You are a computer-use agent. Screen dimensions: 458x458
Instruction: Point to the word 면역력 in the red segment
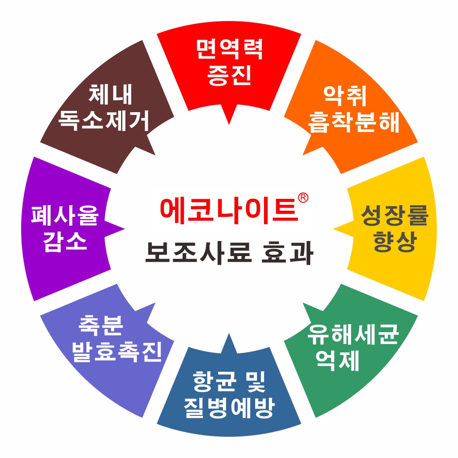[x=229, y=50]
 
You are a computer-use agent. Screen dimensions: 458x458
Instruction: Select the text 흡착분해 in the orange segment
[x=354, y=122]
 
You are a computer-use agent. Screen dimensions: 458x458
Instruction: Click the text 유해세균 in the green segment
[x=353, y=336]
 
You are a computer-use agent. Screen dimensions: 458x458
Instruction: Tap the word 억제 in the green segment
[x=337, y=362]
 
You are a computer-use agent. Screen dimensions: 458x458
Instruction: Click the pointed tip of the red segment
[x=229, y=123]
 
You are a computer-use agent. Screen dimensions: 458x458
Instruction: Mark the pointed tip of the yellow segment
[x=334, y=229]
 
